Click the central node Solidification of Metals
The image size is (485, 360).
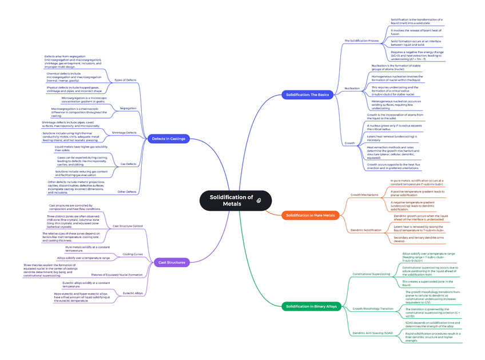pos(231,200)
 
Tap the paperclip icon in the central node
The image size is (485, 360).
pos(259,200)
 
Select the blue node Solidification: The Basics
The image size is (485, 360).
pos(308,94)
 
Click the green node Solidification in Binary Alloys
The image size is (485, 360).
pos(312,306)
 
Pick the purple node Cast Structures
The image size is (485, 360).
pos(172,262)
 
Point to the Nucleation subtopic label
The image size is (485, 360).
pos(352,88)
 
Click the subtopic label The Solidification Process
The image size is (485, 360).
pos(361,41)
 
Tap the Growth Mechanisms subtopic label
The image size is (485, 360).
pos(364,195)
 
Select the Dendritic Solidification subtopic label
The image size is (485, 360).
pos(365,230)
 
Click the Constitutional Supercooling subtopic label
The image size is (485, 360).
pos(372,274)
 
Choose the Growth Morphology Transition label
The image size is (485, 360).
pos(373,308)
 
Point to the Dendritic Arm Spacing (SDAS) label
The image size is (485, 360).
pos(373,333)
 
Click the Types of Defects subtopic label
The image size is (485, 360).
pos(125,80)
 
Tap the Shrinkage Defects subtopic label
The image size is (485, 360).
pos(124,133)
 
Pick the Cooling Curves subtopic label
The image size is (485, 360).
pos(133,254)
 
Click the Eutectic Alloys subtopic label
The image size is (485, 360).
pos(132,293)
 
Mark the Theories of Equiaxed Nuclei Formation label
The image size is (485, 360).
pos(117,275)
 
